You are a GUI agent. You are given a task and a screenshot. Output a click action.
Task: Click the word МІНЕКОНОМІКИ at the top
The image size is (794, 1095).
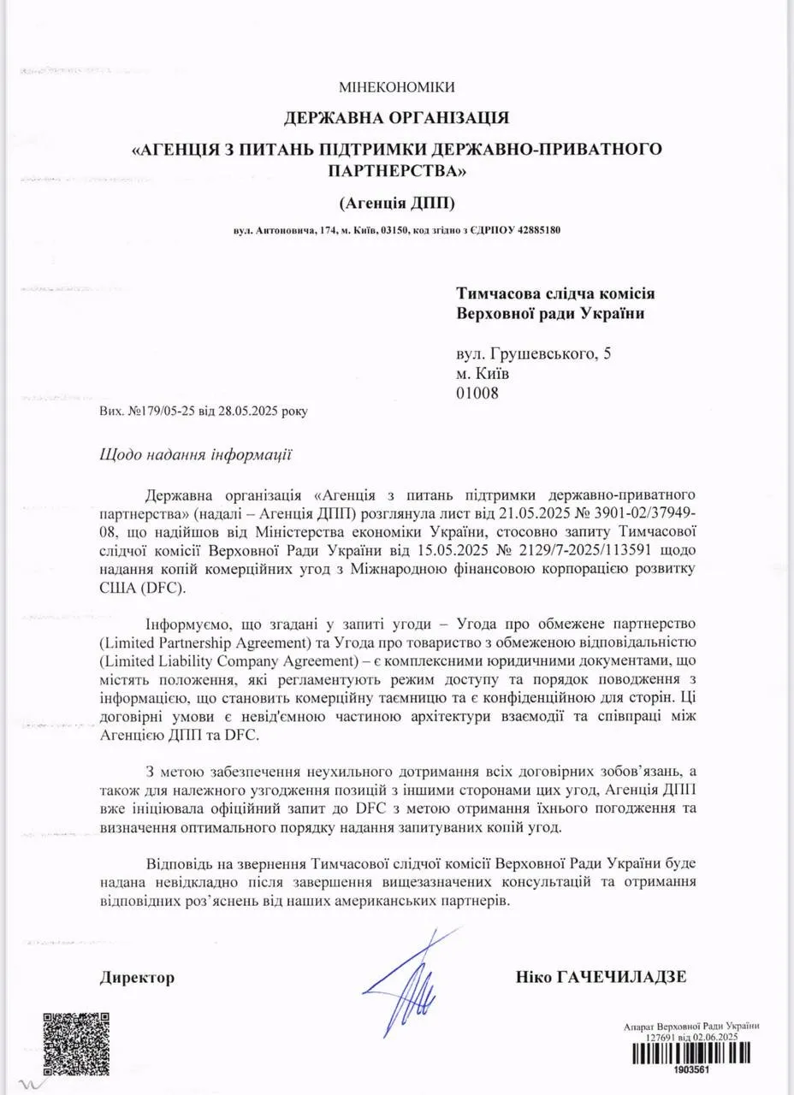click(396, 87)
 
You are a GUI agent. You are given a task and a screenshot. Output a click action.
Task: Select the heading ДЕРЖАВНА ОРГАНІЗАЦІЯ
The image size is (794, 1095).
click(396, 117)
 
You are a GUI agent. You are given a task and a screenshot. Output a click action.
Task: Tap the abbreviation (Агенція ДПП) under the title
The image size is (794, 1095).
click(396, 203)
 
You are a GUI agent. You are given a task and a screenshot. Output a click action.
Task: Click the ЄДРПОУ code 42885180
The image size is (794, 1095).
click(539, 231)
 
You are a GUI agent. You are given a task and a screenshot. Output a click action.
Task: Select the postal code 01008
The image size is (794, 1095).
click(477, 393)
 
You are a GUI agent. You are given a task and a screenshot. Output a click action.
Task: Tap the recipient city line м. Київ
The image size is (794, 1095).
click(483, 373)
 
